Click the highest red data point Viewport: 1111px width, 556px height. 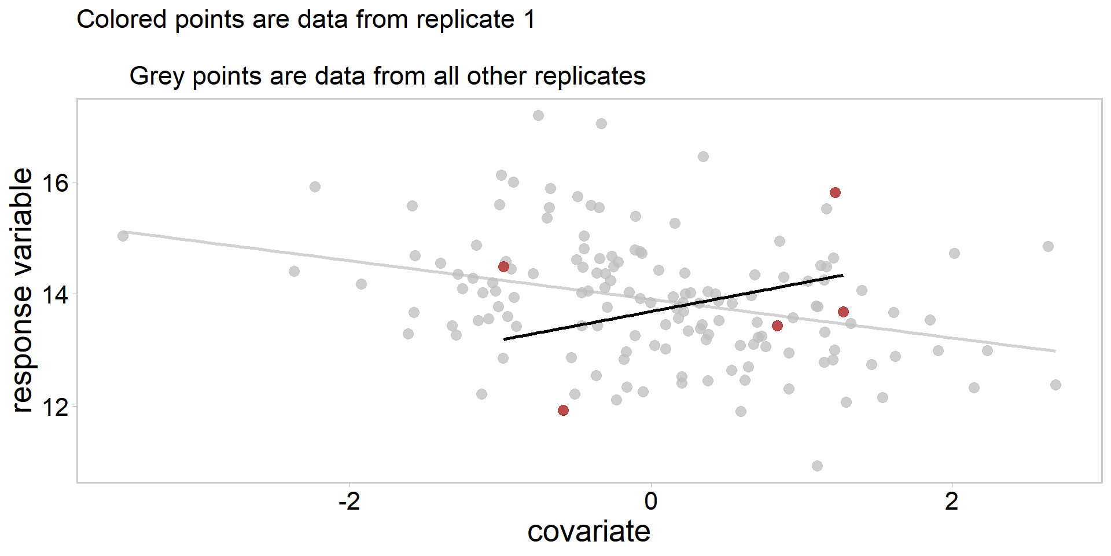point(835,192)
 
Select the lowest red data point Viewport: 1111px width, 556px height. point(563,410)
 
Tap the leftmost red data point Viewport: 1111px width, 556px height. point(503,266)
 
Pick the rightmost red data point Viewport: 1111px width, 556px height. point(843,312)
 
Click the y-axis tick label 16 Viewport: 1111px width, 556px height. point(56,184)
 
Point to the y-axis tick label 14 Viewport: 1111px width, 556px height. point(56,295)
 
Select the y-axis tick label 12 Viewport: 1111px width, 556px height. point(56,407)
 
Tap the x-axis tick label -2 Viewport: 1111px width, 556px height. point(350,501)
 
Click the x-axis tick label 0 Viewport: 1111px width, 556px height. point(651,501)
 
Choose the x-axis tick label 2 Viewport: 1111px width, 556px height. point(952,501)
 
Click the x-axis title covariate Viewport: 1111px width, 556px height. point(588,532)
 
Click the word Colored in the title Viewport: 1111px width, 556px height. point(122,20)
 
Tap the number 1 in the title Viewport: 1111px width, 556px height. point(529,20)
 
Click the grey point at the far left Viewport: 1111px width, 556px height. point(123,236)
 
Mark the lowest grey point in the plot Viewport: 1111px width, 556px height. point(817,466)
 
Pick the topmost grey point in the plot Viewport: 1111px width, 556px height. point(538,115)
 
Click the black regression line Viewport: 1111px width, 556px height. point(674,307)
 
